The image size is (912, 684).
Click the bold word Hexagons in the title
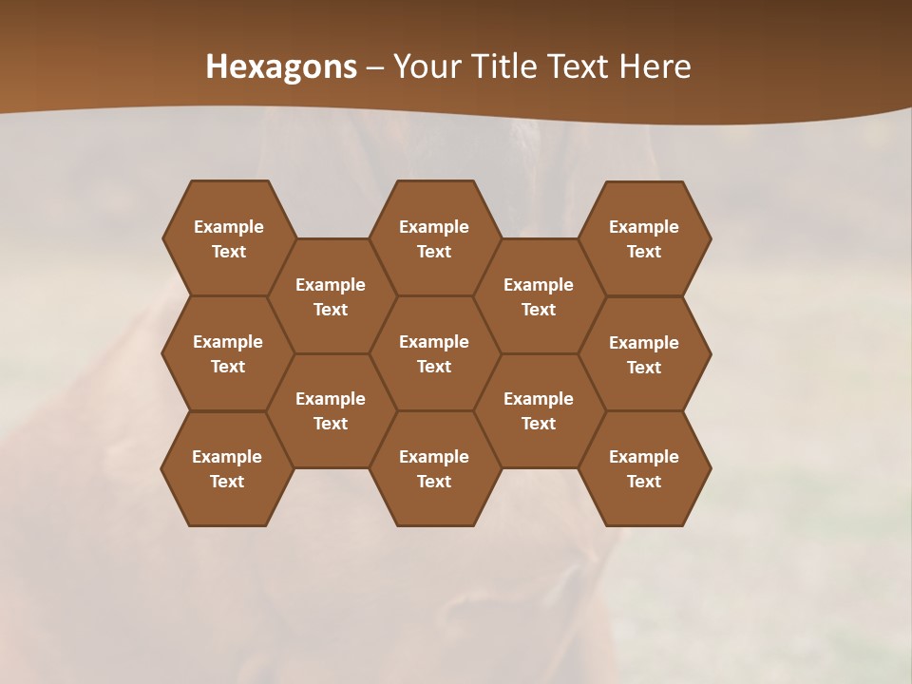(281, 66)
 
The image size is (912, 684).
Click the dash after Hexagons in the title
(375, 67)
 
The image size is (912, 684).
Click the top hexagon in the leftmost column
(228, 238)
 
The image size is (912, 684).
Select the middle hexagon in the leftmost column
(228, 353)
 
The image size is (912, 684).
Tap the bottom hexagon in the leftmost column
(227, 468)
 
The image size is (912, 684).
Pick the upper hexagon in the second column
(331, 296)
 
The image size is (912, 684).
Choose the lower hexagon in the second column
(331, 410)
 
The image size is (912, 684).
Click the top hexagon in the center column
(434, 238)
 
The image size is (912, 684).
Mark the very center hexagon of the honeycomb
(434, 353)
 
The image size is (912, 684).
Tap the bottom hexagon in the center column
(434, 468)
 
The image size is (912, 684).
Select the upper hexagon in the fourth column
(539, 296)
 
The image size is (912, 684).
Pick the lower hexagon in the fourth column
(539, 410)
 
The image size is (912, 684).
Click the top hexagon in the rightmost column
(644, 238)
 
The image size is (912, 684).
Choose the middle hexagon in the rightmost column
(644, 354)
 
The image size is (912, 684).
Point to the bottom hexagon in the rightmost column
(644, 468)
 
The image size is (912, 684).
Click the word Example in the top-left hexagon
(228, 227)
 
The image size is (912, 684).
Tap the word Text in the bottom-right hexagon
(644, 482)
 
